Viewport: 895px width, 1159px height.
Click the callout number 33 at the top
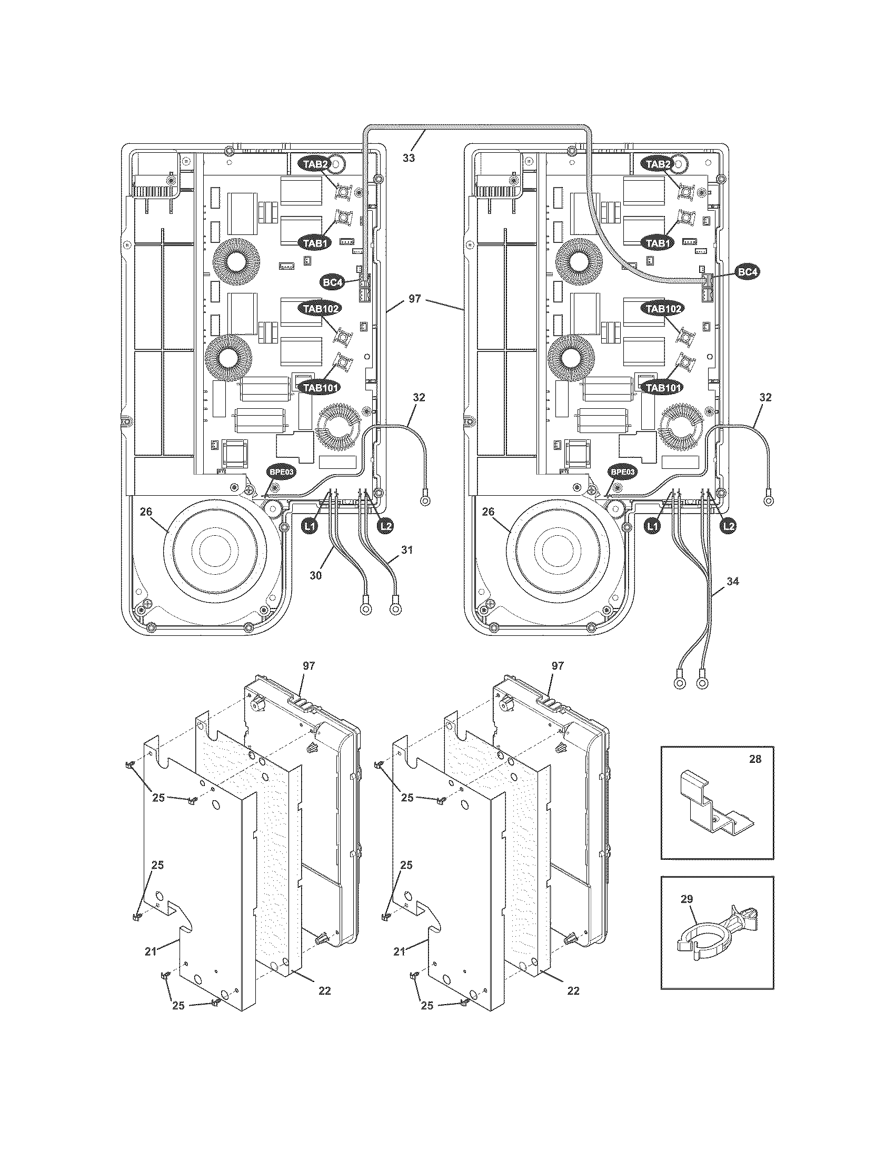coord(409,158)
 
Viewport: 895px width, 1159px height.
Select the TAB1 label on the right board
coord(658,243)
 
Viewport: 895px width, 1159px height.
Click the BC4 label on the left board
coord(332,282)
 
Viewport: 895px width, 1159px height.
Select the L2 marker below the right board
coord(730,526)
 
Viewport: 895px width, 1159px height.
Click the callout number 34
coord(732,582)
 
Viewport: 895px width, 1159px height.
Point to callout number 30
coord(315,575)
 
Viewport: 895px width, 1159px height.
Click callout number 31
coord(406,551)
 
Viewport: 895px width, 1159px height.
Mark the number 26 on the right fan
coord(489,512)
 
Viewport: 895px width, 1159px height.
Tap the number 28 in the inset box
coord(755,759)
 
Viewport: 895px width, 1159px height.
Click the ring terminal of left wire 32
coord(424,499)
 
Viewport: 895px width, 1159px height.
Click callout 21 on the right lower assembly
coord(399,952)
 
